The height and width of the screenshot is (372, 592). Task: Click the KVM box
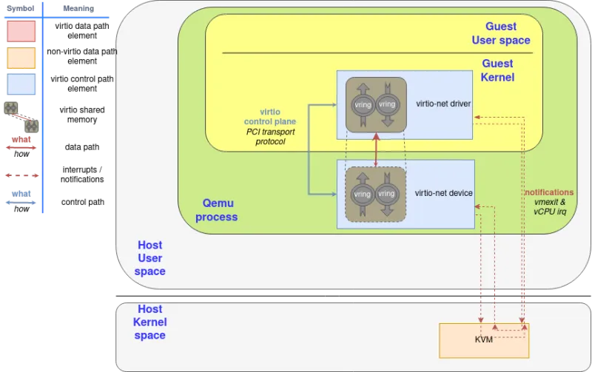(484, 340)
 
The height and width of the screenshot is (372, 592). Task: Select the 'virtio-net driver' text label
(443, 104)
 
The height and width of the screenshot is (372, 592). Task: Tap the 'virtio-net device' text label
(444, 193)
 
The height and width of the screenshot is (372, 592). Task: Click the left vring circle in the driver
(363, 104)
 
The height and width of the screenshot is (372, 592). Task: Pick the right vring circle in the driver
(387, 104)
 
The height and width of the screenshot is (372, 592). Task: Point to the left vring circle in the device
(363, 194)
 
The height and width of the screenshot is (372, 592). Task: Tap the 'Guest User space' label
(501, 33)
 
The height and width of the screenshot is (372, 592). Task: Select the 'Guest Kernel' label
(497, 70)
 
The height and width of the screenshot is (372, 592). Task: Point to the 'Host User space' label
(150, 258)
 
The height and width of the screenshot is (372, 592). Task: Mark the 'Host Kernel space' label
(150, 322)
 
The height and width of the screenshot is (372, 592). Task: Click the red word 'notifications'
(549, 192)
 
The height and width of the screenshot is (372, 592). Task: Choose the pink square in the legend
(21, 31)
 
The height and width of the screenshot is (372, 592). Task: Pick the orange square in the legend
(21, 58)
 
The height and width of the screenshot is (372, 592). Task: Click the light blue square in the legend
(21, 84)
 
